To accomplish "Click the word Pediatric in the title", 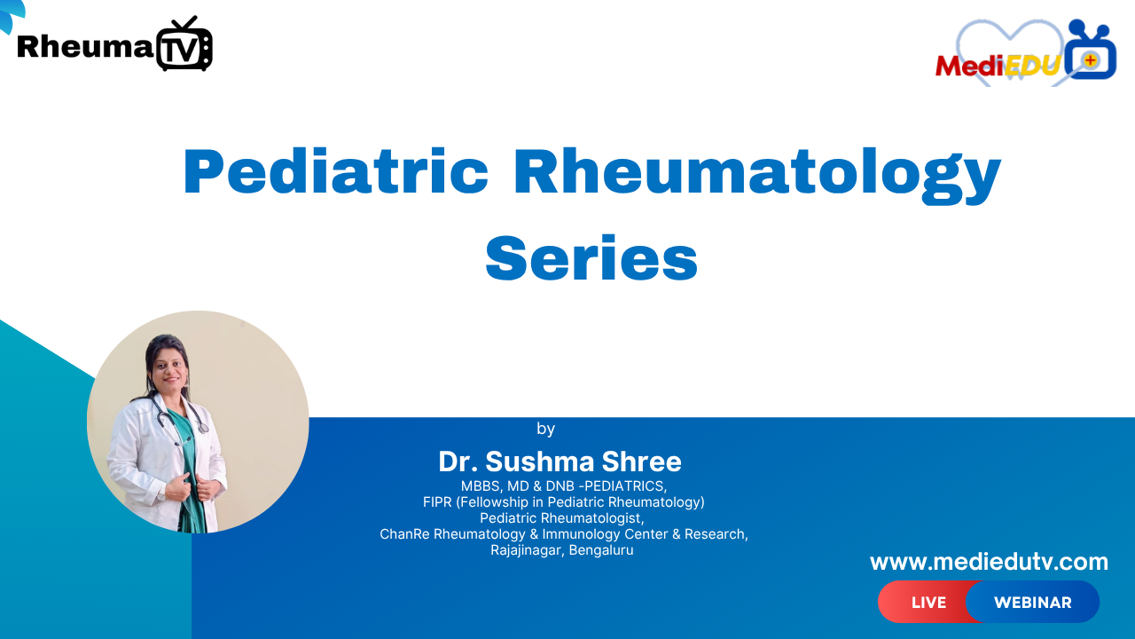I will pos(335,173).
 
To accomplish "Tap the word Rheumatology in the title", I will pos(756,173).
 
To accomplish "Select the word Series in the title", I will pos(591,258).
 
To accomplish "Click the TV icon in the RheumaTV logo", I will pos(184,45).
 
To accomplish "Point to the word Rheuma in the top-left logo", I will pos(85,46).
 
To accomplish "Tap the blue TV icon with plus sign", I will pos(1091,55).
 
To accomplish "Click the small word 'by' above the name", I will pos(545,430).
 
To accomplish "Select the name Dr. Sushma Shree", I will pos(560,461).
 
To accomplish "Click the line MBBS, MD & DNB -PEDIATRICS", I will pos(563,486).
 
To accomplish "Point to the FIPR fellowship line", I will pos(563,502).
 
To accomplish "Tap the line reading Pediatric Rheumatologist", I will pos(561,518).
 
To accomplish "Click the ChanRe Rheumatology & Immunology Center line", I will pos(563,534).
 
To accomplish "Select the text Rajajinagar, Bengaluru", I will pos(561,550).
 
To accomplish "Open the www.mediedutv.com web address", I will pos(989,562).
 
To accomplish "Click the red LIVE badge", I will pos(928,603).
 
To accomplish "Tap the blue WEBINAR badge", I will pos(1032,603).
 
